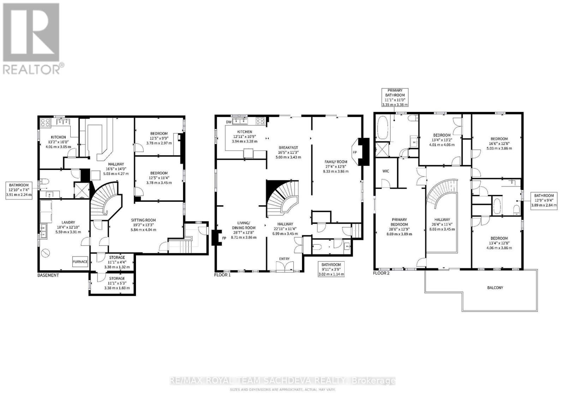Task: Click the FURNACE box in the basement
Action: point(80,262)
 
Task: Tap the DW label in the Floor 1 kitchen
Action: point(228,122)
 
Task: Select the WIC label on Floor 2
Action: point(386,171)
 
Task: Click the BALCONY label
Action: point(495,287)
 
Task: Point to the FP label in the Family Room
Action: point(355,152)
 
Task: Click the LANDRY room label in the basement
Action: point(69,222)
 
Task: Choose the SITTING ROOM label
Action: point(143,220)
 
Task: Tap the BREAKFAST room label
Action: point(288,148)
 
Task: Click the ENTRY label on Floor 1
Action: point(284,259)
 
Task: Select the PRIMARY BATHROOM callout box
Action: point(395,98)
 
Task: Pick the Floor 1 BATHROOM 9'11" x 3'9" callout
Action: point(331,269)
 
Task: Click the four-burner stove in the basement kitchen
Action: point(46,123)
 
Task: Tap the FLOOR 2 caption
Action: point(381,273)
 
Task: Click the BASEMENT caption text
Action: point(48,275)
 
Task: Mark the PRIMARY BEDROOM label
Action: point(399,222)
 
